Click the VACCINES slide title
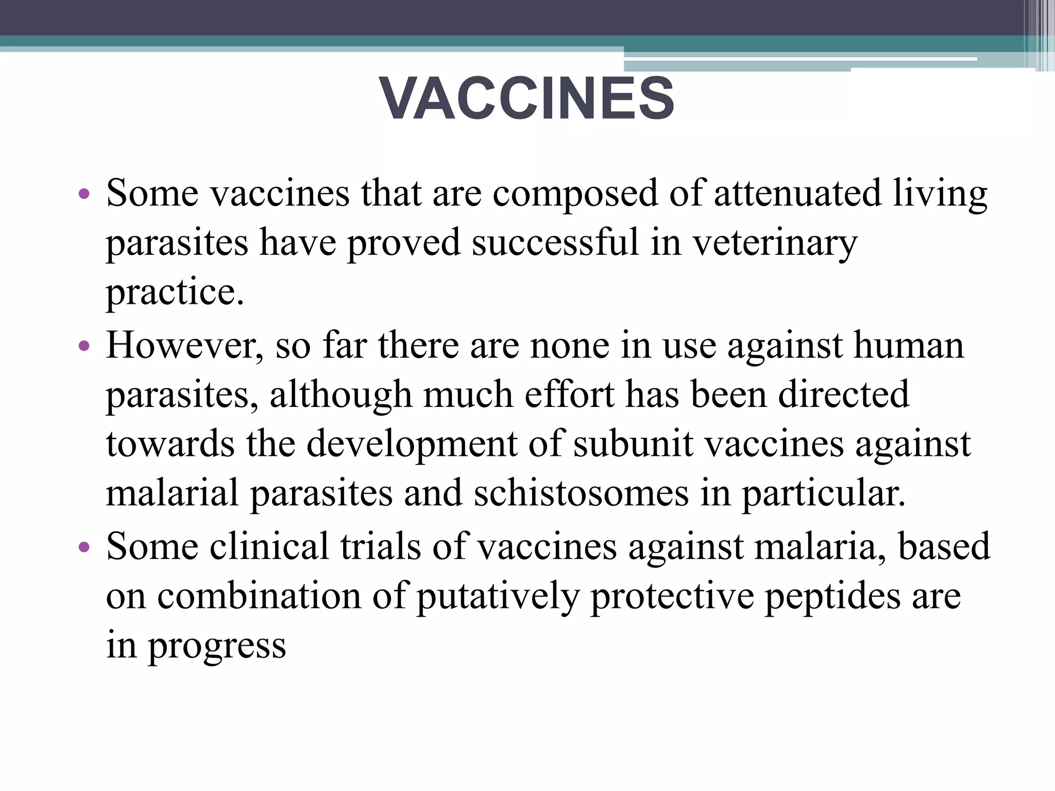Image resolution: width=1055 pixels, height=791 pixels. tap(526, 98)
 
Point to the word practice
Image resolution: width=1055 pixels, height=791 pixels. tap(174, 292)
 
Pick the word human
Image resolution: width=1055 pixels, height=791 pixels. tap(909, 345)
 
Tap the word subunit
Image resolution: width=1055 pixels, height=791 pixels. tap(633, 444)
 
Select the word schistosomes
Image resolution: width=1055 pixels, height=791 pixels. tap(581, 493)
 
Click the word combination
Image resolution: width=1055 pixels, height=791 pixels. tap(259, 596)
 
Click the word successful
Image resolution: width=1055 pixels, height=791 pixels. tap(555, 242)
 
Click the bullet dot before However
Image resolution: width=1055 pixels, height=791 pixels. tap(84, 346)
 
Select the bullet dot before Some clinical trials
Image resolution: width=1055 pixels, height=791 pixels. tap(84, 547)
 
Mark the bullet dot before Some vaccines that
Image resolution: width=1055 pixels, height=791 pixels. tap(84, 194)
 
